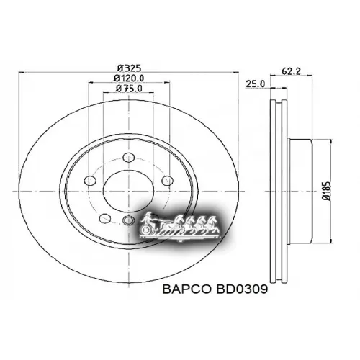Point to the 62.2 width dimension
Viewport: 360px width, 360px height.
click(292, 71)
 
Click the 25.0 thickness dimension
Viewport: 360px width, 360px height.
click(255, 84)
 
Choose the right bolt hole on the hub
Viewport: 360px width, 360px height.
click(167, 180)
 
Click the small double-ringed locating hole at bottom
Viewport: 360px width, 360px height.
click(127, 220)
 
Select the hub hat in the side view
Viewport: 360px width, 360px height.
click(302, 189)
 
